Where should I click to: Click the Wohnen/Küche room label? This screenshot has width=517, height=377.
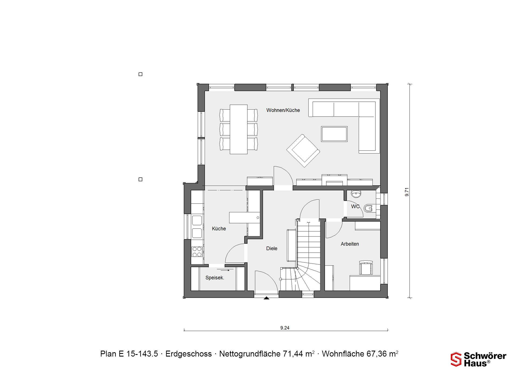click(283, 110)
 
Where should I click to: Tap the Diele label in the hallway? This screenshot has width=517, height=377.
click(272, 249)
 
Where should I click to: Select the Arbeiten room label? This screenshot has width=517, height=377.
click(350, 244)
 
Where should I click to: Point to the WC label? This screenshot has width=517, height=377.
click(355, 207)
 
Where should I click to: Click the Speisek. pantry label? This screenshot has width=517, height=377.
click(215, 278)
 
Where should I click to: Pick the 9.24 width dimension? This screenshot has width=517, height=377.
click(285, 328)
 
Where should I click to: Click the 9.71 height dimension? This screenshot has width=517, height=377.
click(407, 192)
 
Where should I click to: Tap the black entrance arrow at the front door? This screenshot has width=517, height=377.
click(266, 298)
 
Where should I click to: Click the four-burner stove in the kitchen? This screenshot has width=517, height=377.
click(197, 252)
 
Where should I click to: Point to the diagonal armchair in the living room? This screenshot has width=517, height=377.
click(303, 151)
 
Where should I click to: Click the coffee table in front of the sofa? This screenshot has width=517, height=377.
click(334, 134)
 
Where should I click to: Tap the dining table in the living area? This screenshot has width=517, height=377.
click(239, 129)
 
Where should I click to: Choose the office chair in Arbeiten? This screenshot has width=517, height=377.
click(366, 268)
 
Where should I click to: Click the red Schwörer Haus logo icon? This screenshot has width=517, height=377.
click(456, 359)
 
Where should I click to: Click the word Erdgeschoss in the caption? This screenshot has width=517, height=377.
click(188, 354)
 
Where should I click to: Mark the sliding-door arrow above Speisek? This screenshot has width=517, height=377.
click(225, 270)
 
